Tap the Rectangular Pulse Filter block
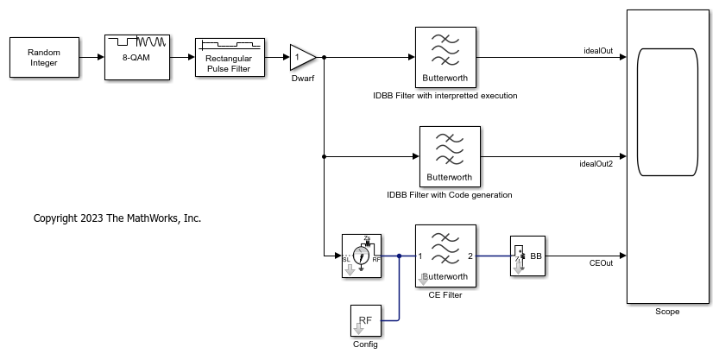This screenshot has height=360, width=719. pyautogui.click(x=228, y=58)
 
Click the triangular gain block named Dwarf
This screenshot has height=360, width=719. pyautogui.click(x=301, y=58)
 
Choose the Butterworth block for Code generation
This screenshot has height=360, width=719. pyautogui.click(x=450, y=156)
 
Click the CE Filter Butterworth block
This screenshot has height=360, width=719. pyautogui.click(x=445, y=256)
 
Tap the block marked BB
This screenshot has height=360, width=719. pyautogui.click(x=527, y=256)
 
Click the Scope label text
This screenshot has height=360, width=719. pyautogui.click(x=667, y=312)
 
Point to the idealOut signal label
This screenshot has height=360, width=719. pyautogui.click(x=598, y=50)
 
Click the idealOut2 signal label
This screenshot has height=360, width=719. pyautogui.click(x=596, y=163)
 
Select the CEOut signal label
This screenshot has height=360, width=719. pyautogui.click(x=601, y=262)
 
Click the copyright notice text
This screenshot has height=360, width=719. pyautogui.click(x=117, y=218)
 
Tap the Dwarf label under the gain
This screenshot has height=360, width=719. pyautogui.click(x=302, y=78)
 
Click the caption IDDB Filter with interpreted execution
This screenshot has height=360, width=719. pyautogui.click(x=445, y=96)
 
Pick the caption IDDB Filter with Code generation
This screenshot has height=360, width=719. pyautogui.click(x=450, y=195)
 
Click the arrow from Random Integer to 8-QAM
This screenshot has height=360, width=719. pyautogui.click(x=93, y=58)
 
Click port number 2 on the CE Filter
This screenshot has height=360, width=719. pyautogui.click(x=470, y=256)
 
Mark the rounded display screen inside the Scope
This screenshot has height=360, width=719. pyautogui.click(x=666, y=111)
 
